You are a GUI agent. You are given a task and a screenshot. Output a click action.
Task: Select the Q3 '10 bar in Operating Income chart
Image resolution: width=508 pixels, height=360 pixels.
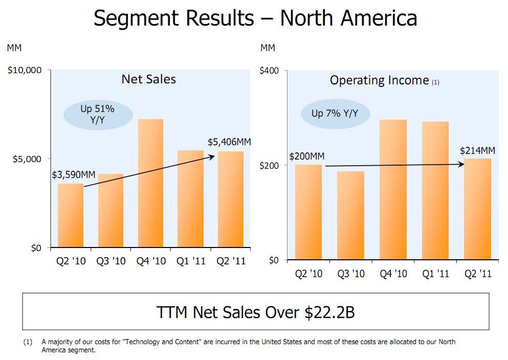click(350, 215)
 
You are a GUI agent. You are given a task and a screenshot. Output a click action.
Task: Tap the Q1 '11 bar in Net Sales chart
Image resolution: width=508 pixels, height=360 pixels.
click(190, 199)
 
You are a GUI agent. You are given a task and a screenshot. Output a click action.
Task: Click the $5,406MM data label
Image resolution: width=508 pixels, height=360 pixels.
click(229, 142)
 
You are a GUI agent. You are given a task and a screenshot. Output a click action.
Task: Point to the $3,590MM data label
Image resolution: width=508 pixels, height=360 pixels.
click(74, 175)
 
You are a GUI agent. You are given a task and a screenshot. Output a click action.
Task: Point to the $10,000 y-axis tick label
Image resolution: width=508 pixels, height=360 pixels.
click(24, 70)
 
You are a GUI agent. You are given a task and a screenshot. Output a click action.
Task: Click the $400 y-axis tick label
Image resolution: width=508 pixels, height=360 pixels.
click(269, 71)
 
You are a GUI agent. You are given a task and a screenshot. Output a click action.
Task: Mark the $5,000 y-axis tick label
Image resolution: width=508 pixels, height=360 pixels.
click(27, 159)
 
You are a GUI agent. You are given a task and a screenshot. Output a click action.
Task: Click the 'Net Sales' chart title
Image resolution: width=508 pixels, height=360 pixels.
click(148, 79)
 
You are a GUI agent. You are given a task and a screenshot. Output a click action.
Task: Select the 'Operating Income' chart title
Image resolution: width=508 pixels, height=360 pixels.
click(379, 80)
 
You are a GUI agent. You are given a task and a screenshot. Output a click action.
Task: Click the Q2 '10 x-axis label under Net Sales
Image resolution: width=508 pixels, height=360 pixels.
click(71, 261)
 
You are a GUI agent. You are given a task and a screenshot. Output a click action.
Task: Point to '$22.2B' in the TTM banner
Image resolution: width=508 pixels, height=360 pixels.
click(329, 312)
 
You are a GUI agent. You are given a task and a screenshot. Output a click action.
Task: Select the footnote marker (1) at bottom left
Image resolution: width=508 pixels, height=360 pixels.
click(28, 342)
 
